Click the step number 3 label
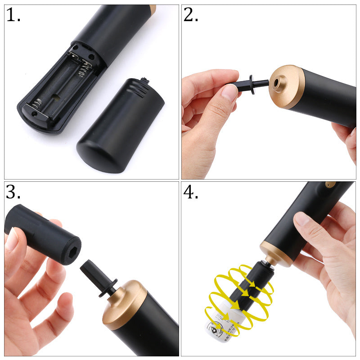[13, 192]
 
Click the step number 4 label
[191, 192]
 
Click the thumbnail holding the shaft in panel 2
[229, 92]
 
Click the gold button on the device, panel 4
[331, 184]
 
